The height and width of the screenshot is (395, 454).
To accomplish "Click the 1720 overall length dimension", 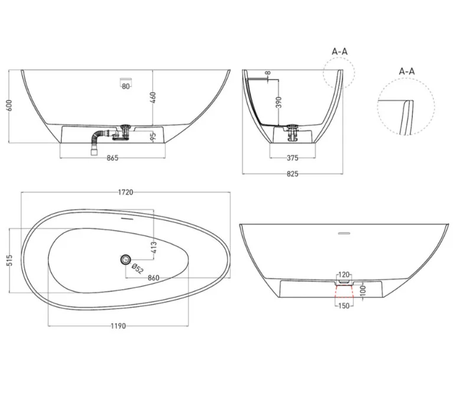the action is pyautogui.click(x=125, y=192).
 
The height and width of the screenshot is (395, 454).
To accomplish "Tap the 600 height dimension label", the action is pyautogui.click(x=9, y=105).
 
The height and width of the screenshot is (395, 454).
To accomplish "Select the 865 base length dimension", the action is pyautogui.click(x=112, y=158).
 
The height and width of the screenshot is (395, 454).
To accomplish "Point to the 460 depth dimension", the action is pyautogui.click(x=153, y=98).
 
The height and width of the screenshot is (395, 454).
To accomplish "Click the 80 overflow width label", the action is pyautogui.click(x=126, y=87).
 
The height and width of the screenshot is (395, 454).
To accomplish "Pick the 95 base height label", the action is pyautogui.click(x=153, y=136).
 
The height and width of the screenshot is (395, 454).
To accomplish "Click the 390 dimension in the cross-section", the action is pyautogui.click(x=279, y=102).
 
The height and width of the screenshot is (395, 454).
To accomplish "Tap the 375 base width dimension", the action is pyautogui.click(x=293, y=158).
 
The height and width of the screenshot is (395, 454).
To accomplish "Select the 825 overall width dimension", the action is pyautogui.click(x=293, y=174).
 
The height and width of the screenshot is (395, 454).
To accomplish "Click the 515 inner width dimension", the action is pyautogui.click(x=9, y=260).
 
